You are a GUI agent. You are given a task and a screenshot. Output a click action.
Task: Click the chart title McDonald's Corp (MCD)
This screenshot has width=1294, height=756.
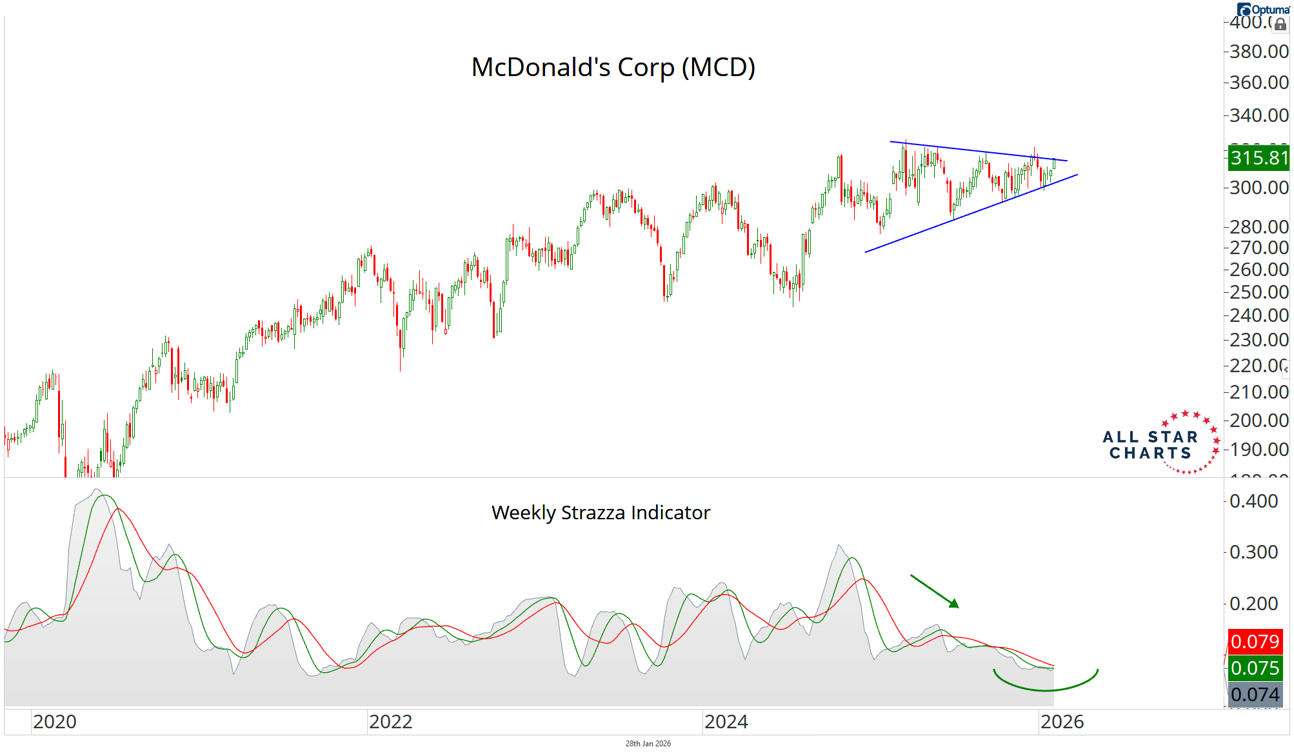(613, 67)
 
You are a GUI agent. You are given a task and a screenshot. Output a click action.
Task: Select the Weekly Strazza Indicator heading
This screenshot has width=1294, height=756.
(601, 513)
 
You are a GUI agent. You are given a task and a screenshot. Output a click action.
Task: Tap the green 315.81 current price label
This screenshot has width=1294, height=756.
(1259, 158)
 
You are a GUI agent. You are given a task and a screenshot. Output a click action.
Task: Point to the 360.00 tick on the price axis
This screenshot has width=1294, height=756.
(1259, 83)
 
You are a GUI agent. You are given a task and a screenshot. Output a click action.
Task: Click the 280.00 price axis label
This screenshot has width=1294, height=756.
(1259, 227)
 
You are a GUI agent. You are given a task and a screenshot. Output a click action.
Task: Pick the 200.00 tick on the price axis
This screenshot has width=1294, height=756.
(1259, 421)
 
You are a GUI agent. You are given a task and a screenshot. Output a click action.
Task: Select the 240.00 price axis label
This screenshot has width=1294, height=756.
(1259, 315)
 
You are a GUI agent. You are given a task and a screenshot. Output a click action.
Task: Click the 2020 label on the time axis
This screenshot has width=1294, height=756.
(55, 722)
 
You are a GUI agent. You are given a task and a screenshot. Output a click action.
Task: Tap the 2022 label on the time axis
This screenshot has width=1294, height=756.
(391, 722)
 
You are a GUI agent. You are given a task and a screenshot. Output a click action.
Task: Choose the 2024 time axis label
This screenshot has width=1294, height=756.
(726, 722)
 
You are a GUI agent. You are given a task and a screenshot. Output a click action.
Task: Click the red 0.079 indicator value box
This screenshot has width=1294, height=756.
(1255, 642)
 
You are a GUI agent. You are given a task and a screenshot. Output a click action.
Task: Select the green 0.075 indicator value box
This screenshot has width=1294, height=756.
(1255, 668)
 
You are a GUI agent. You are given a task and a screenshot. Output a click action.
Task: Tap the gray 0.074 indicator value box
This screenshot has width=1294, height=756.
(1255, 695)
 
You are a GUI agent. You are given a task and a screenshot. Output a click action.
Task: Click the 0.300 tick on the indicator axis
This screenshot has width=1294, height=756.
(1253, 552)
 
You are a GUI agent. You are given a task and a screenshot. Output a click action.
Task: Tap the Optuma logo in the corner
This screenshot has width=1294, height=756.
(1264, 10)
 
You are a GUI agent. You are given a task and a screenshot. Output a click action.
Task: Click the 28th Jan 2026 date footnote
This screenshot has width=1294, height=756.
(648, 744)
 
